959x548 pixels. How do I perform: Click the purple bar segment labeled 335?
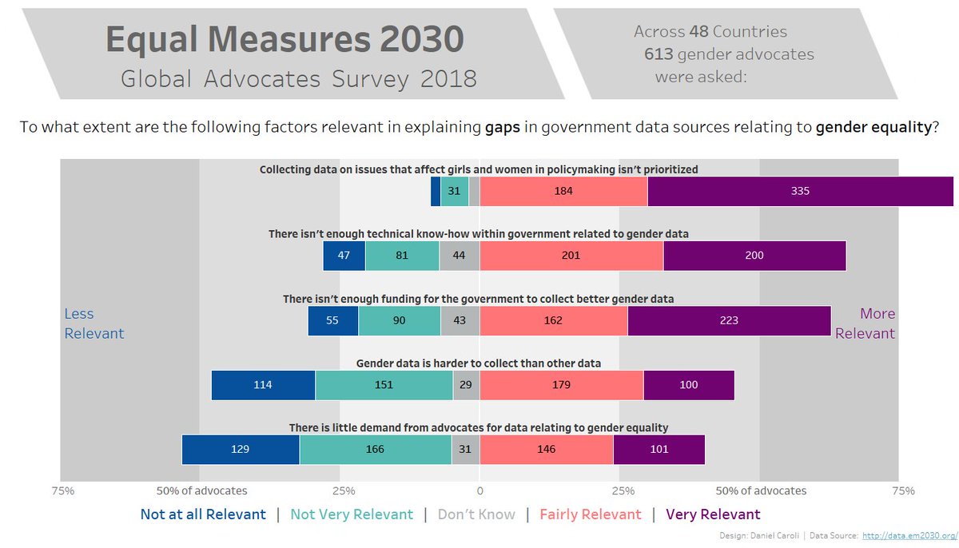point(800,192)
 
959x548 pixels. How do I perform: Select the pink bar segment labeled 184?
point(563,192)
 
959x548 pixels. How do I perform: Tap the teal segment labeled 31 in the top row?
point(454,192)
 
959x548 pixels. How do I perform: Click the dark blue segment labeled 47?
point(344,256)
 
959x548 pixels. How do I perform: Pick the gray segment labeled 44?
point(460,256)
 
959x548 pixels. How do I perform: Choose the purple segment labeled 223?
point(729,320)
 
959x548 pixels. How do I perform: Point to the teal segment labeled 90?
point(399,320)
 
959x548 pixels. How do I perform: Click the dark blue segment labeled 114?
point(263,385)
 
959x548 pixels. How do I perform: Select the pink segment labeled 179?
point(561,385)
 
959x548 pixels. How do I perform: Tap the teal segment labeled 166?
point(375,449)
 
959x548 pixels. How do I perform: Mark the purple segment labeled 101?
point(659,449)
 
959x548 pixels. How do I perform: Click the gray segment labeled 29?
point(466,385)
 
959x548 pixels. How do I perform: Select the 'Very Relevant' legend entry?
point(713,514)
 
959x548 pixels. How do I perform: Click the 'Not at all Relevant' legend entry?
point(203,514)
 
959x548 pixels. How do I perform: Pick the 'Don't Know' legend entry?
point(476,514)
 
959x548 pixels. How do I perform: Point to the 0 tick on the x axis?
point(479,490)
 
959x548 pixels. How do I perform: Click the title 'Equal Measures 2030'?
point(285,40)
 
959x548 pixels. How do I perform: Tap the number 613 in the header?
point(659,54)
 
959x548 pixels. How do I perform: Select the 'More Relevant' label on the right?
point(866,324)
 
